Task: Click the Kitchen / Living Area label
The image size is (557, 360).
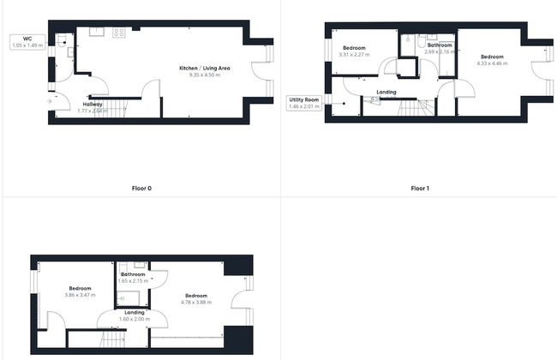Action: click(205, 68)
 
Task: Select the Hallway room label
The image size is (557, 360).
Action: click(93, 104)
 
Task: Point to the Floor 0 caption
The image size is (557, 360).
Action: click(142, 187)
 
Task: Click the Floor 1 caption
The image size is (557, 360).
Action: click(419, 187)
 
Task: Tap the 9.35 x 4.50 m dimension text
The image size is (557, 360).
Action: click(205, 75)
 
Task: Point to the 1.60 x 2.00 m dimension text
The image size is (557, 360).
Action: click(134, 319)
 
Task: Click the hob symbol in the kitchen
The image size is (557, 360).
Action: click(118, 33)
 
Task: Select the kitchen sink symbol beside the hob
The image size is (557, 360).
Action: click(96, 33)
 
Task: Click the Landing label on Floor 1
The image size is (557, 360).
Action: click(386, 91)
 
